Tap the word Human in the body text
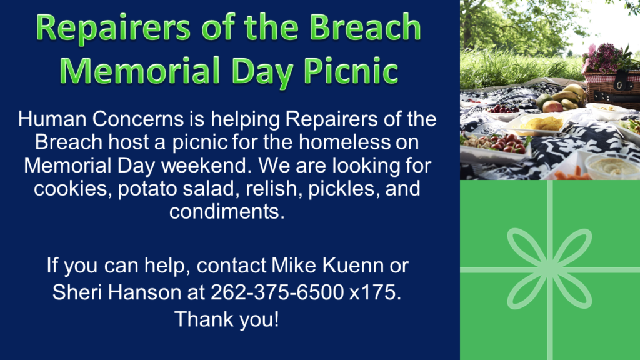coord(52,119)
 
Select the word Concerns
coord(138,119)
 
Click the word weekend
coord(206,165)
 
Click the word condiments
coord(227,211)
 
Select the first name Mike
coord(294,265)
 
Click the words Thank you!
coord(227,319)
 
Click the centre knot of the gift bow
coord(549,269)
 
